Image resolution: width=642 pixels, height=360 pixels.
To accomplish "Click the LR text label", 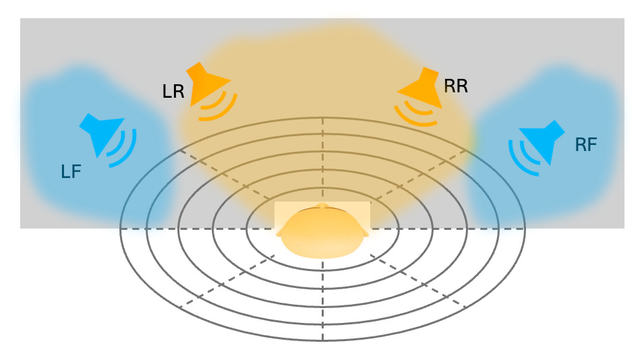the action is click(173, 92).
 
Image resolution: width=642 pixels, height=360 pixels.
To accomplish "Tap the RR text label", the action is click(456, 86).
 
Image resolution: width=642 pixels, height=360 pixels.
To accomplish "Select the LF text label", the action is click(71, 172).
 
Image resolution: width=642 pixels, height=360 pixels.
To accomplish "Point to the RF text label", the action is click(586, 144).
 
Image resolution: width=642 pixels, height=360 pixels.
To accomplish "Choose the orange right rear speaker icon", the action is click(424, 86).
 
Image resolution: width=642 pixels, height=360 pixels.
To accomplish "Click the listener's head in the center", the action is click(322, 233).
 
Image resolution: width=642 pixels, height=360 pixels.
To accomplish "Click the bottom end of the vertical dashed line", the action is click(322, 339).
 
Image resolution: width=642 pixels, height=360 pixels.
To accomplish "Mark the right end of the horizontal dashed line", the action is click(523, 229).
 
